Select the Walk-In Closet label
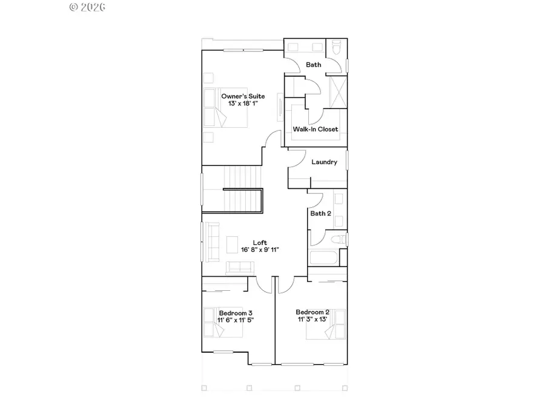315,129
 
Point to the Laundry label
324,162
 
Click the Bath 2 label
320,213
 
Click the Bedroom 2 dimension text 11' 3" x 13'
312,319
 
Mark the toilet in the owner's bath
337,48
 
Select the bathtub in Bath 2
324,258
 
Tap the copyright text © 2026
88,7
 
